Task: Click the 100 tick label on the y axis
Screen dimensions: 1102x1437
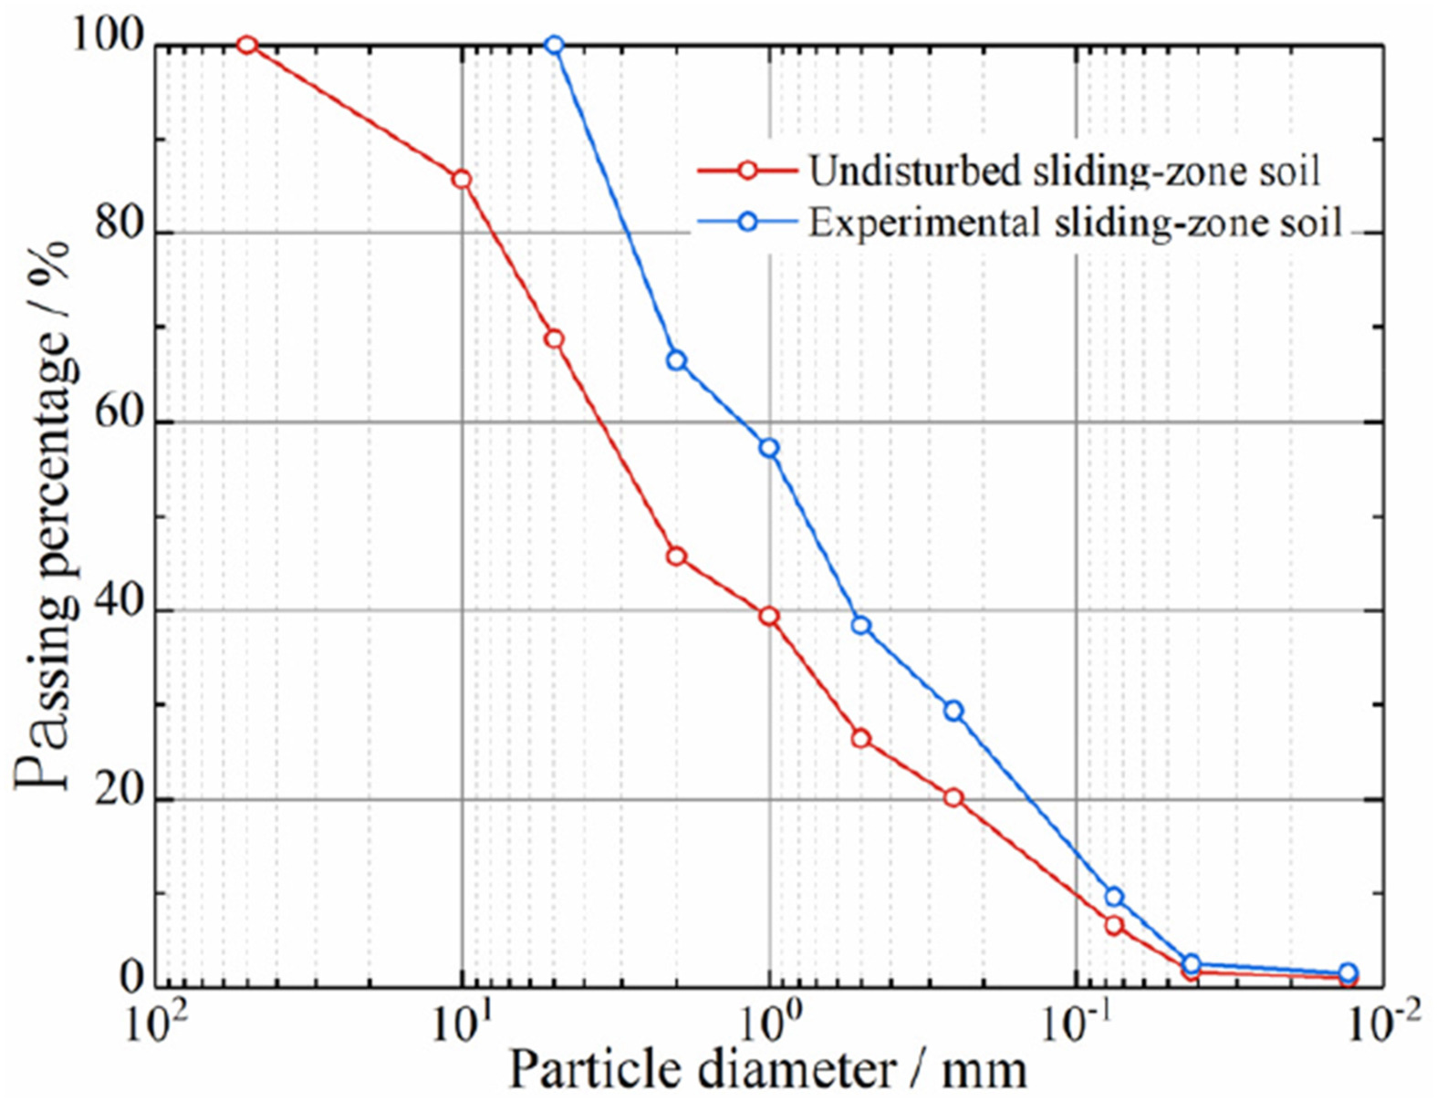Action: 107,39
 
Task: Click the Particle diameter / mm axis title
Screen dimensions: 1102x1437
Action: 767,1069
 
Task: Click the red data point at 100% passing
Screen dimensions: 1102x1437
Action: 246,45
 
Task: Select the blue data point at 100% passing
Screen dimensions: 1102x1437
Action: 554,45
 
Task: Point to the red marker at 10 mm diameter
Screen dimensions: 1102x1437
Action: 462,179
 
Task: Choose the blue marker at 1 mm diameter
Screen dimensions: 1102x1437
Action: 769,448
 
